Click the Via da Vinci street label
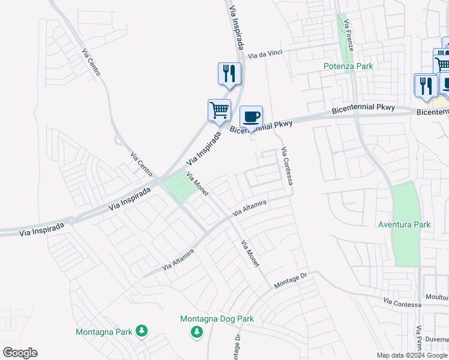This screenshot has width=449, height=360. pos(265,55)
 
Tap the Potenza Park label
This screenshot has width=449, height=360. pos(348,66)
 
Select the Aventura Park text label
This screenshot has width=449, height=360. pos(405,224)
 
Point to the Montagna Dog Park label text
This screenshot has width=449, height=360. pos(217,319)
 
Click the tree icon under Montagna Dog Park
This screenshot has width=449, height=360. pos(196,332)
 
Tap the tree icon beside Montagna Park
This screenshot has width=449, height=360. pos(142,331)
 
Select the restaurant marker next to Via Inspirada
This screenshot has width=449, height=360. pos(229,73)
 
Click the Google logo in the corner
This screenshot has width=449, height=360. pos(20,353)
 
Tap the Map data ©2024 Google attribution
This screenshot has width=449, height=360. pos(412,355)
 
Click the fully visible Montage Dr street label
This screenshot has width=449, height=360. pos(291,280)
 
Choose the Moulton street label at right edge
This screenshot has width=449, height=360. pos(436,298)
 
